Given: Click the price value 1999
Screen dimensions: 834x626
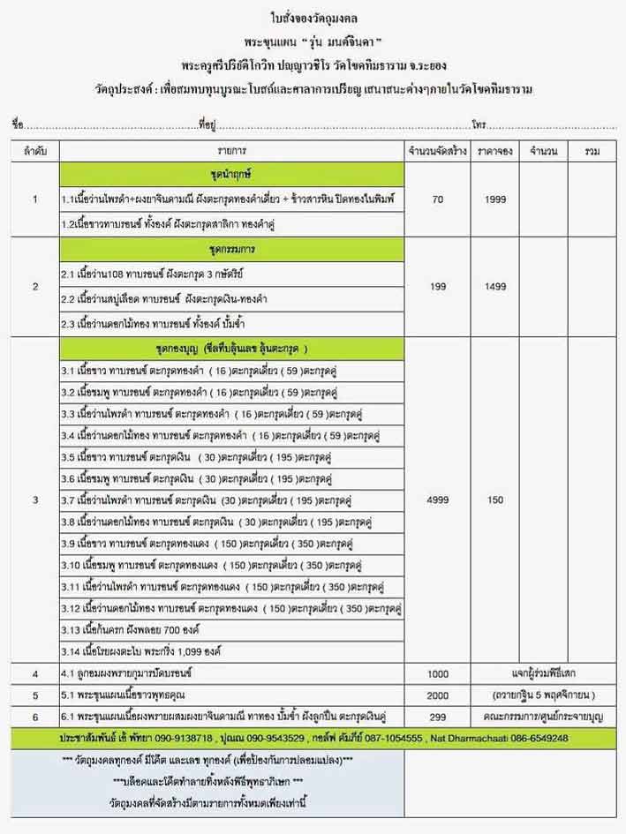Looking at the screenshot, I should click(494, 199).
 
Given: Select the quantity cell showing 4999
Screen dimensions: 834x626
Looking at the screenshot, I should click(438, 500).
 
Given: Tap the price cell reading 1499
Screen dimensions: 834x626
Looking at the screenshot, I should click(494, 287).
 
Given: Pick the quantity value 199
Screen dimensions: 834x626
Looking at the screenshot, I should click(438, 287).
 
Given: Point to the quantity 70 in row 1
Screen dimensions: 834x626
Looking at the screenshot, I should click(438, 199).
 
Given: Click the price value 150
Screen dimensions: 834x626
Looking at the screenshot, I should click(494, 500).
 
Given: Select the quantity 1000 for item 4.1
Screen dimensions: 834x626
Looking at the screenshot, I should click(438, 674).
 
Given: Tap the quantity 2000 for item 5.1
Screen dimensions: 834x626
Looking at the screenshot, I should click(438, 695).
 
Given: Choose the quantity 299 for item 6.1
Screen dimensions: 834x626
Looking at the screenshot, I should click(438, 715).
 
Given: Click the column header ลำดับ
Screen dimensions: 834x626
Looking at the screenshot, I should click(34, 152).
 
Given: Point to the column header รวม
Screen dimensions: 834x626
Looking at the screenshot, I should click(592, 152).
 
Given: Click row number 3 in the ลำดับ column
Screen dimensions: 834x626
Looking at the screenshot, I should click(34, 500).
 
